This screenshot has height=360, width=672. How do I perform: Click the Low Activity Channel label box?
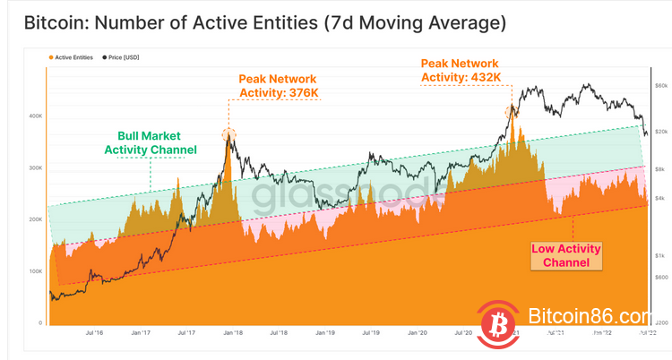566,255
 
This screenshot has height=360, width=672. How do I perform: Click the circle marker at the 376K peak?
228,135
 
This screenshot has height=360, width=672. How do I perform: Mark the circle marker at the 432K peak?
512,112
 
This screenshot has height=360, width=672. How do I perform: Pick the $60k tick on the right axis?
660,86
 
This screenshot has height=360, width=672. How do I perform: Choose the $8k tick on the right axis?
660,168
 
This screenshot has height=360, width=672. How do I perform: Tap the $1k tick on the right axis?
660,255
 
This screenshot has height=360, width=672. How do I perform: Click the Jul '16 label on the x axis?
93,332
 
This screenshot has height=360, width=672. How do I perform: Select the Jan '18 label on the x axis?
231,332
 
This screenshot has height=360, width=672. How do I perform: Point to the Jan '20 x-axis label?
418,332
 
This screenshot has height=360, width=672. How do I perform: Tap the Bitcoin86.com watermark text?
589,317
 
